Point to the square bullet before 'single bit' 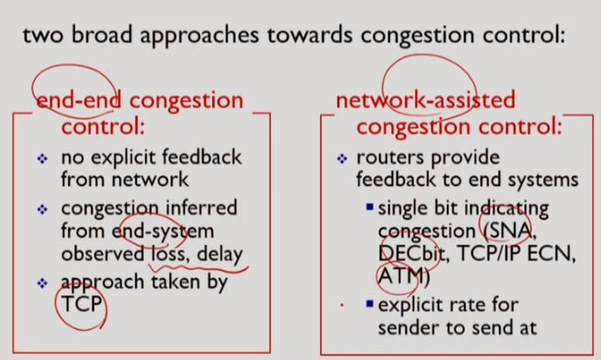click(x=370, y=209)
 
